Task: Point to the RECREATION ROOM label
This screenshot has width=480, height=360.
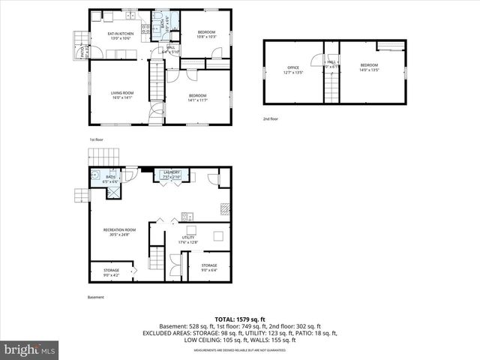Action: pos(119,231)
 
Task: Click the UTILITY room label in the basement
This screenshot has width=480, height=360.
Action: pos(187,239)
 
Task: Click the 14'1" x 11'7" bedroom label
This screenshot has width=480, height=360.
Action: pos(198,97)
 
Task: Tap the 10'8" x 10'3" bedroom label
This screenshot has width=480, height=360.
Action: pos(207,34)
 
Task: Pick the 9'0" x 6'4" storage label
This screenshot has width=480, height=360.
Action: pos(208,267)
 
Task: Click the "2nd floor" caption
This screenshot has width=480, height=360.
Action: pos(270,118)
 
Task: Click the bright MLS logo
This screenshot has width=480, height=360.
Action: pos(30,349)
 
